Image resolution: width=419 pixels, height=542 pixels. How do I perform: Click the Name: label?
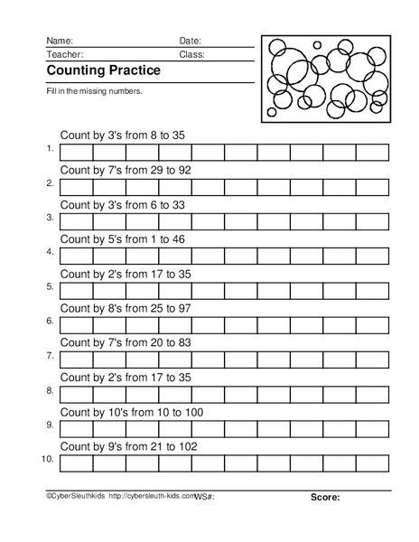click(60, 41)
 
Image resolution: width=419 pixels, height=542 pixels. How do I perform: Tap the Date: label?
click(190, 41)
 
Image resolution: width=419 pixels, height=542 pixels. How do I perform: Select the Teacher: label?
click(64, 54)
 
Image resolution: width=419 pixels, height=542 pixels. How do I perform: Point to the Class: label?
click(191, 54)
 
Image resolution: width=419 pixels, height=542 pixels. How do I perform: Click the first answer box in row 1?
click(75, 152)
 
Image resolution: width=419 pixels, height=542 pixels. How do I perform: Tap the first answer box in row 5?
click(75, 290)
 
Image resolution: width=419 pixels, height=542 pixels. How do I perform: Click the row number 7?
click(50, 356)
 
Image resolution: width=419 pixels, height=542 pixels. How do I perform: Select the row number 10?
click(48, 460)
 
